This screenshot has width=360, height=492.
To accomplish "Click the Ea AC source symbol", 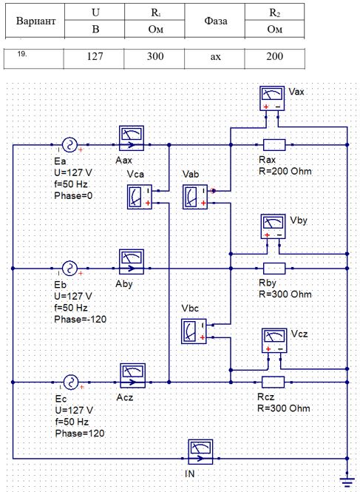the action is [70, 145].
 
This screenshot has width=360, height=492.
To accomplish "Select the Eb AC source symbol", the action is [70, 269].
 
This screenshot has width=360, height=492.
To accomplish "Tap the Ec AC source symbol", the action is [71, 383].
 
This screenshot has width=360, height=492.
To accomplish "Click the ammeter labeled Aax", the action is [132, 138].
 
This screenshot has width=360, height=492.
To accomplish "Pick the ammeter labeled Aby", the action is [132, 262].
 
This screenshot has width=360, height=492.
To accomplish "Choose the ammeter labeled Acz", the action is [132, 376].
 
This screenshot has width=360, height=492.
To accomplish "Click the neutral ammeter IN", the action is [200, 452].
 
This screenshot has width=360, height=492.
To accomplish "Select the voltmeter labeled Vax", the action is [272, 98].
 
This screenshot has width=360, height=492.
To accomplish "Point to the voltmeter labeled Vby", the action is [273, 226].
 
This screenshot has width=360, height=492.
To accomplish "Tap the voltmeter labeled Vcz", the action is [274, 340].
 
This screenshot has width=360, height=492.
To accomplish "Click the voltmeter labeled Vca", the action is [140, 197].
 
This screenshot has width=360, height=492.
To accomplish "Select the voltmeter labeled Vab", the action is [195, 197].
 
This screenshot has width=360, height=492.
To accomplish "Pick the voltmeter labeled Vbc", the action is [194, 331].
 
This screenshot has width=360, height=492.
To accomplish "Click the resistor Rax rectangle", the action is [274, 145].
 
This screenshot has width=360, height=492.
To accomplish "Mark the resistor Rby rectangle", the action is [274, 269].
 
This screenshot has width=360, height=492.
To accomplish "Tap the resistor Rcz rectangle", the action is [273, 383].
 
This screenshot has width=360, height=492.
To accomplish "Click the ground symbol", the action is [347, 480].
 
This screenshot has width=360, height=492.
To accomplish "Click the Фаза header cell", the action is [215, 21].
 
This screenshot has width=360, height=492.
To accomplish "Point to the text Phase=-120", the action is [81, 320].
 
